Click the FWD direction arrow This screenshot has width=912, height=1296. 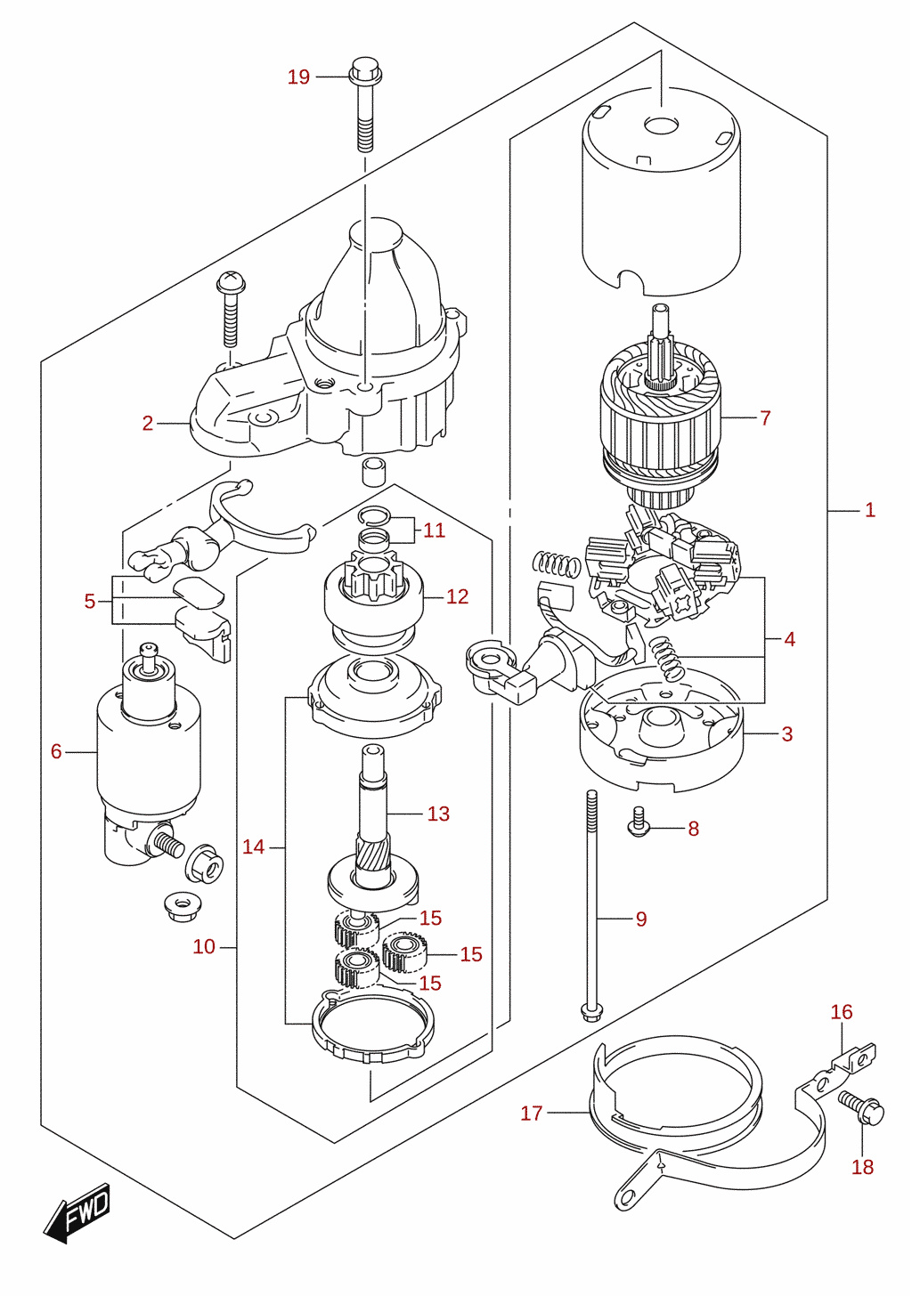pyautogui.click(x=77, y=1212)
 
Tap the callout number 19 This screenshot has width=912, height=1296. pyautogui.click(x=298, y=77)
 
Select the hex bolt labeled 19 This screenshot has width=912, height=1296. pyautogui.click(x=365, y=103)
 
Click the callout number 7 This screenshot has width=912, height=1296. pyautogui.click(x=766, y=417)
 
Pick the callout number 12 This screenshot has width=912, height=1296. pyautogui.click(x=457, y=596)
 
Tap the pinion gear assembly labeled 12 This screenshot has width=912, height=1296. pyautogui.click(x=374, y=601)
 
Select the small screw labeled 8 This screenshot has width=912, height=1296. pyautogui.click(x=638, y=822)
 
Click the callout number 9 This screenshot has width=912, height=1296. pyautogui.click(x=641, y=919)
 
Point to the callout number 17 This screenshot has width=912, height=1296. pyautogui.click(x=532, y=1114)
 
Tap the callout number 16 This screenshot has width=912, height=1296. pyautogui.click(x=842, y=1012)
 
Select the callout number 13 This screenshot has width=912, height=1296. pyautogui.click(x=438, y=814)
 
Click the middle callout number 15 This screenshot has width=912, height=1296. pyautogui.click(x=471, y=954)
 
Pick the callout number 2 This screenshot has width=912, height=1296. pyautogui.click(x=148, y=424)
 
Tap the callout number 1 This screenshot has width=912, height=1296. pyautogui.click(x=870, y=510)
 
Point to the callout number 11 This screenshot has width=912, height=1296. pyautogui.click(x=434, y=530)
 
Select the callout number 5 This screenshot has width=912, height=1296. pyautogui.click(x=89, y=601)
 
